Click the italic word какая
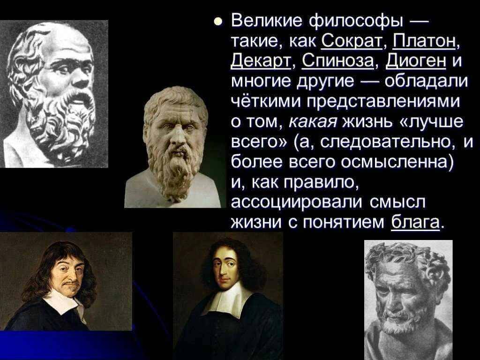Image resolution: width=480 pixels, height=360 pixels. pos(313,122)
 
